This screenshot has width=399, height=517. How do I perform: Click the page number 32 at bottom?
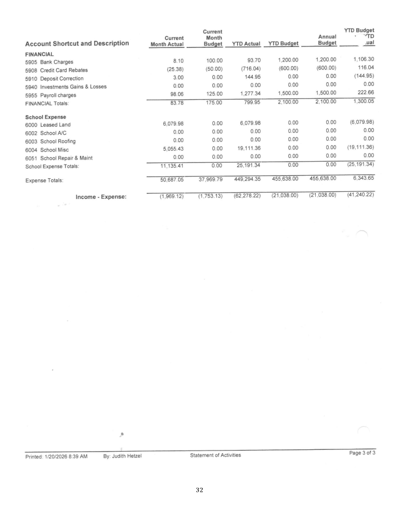coord(199,503)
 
